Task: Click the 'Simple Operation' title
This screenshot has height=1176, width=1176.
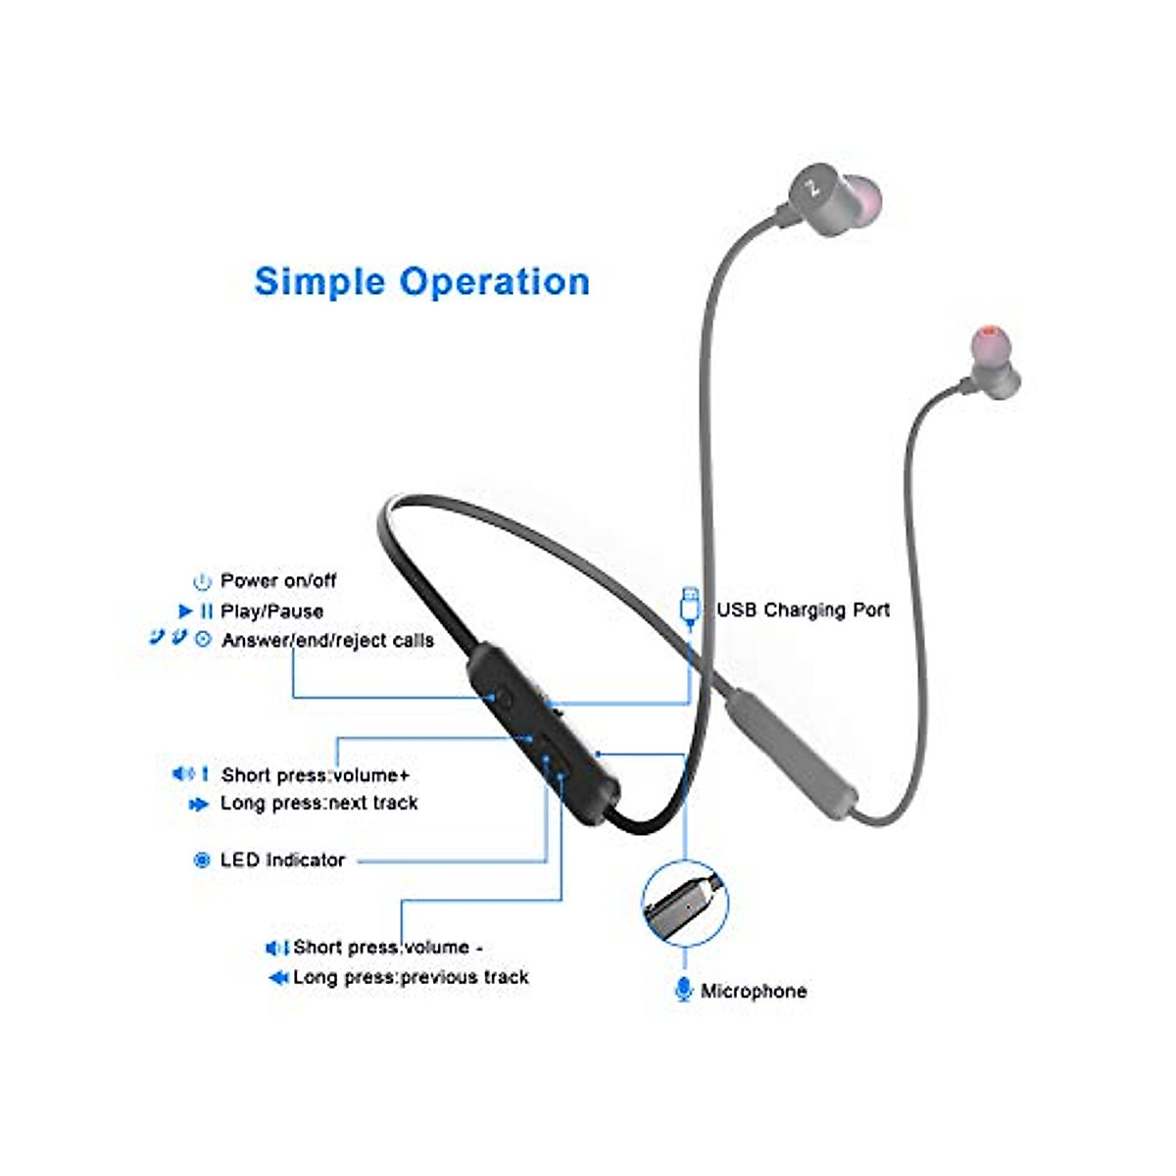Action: (421, 282)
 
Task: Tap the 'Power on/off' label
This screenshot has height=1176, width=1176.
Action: (277, 581)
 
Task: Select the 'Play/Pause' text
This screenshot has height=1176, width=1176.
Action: (271, 612)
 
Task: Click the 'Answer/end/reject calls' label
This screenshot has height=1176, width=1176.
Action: (327, 641)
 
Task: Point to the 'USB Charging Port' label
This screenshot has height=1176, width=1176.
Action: (803, 610)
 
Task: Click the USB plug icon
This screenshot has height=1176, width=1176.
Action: (690, 605)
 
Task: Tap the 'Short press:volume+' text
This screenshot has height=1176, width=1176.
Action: (315, 775)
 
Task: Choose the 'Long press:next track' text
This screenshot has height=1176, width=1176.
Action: (318, 804)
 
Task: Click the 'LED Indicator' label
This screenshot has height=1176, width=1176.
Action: (282, 860)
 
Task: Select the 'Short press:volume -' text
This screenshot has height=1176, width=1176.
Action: (387, 948)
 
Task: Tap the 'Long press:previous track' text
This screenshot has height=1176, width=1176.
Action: (411, 977)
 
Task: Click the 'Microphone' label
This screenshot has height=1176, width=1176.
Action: (754, 991)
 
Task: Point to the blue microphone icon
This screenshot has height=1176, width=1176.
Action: (683, 989)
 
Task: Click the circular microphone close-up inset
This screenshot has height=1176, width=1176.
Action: (685, 904)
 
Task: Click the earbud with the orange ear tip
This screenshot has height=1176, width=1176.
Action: (991, 361)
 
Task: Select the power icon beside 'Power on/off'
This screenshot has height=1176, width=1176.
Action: (202, 582)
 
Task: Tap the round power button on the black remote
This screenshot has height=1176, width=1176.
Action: (504, 698)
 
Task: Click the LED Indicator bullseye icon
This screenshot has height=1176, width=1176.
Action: (202, 860)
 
